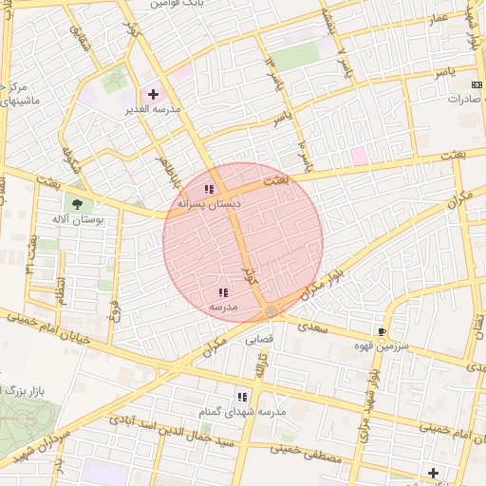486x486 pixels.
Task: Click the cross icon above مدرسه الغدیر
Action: click(154, 94)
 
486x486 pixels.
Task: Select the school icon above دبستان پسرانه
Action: click(209, 189)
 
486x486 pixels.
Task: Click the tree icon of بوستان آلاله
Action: click(75, 202)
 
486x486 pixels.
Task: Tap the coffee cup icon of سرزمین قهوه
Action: click(382, 331)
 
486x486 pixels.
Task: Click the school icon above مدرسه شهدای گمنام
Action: click(242, 396)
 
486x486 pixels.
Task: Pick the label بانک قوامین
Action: click(178, 4)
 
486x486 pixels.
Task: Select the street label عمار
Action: click(438, 20)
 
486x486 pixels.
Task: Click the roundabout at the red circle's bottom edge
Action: click(271, 311)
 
